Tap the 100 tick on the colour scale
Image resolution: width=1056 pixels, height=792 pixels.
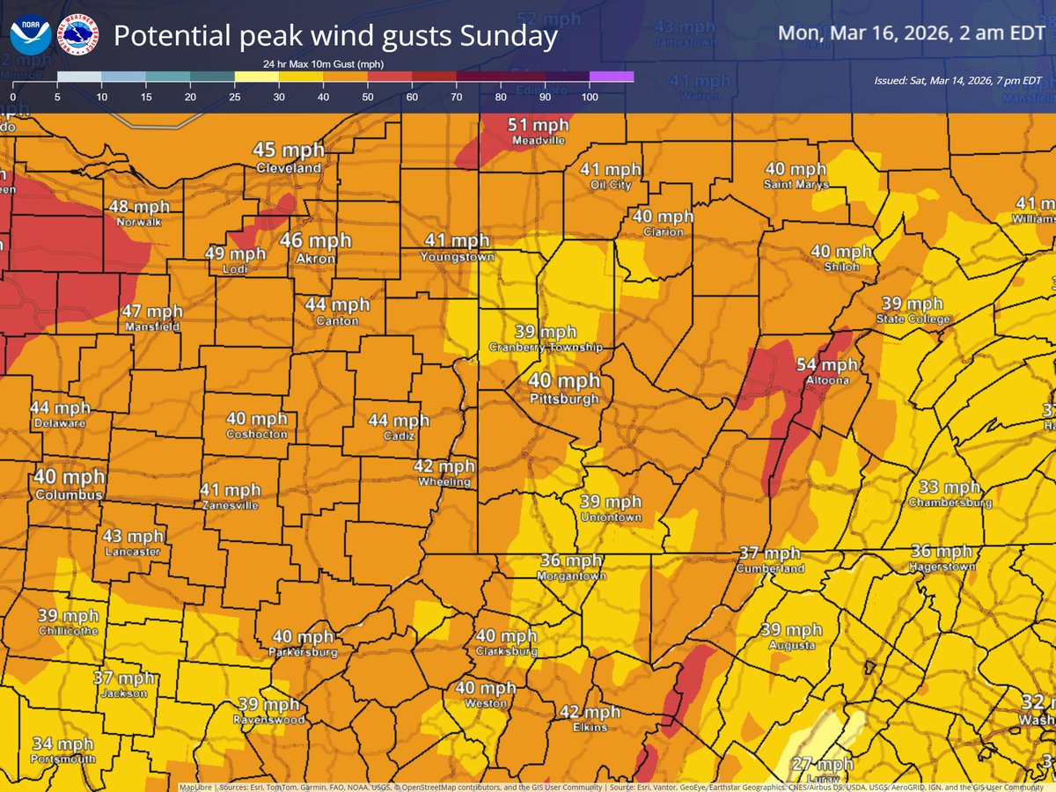pyautogui.click(x=590, y=97)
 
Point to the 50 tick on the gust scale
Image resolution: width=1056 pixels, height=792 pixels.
pyautogui.click(x=367, y=97)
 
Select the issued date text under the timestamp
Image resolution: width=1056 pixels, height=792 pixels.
pyautogui.click(x=957, y=80)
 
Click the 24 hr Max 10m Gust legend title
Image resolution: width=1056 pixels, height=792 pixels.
pyautogui.click(x=323, y=64)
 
